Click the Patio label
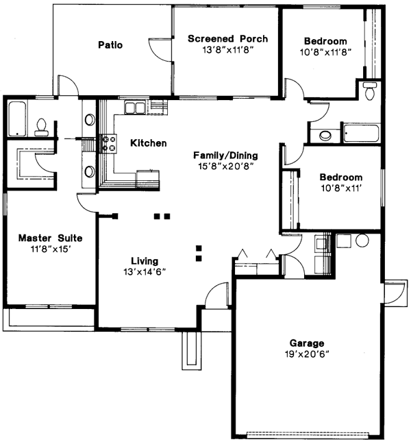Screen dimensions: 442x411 [110, 45]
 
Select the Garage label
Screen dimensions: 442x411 [307, 343]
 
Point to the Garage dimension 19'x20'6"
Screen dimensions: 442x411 [307, 355]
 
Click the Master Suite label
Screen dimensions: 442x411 [50, 238]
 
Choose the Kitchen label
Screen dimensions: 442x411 [149, 143]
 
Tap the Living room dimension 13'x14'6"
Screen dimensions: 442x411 [145, 272]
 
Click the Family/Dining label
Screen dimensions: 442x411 [225, 156]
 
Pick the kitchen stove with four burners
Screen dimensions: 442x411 [109, 143]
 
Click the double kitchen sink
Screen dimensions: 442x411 [135, 107]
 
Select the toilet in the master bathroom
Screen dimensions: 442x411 [42, 126]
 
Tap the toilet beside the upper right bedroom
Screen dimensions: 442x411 [370, 89]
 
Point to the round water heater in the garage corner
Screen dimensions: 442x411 [362, 241]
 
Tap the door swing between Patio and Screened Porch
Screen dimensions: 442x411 [162, 47]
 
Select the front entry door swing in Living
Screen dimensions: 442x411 [216, 294]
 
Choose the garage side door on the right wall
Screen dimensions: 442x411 [395, 292]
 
